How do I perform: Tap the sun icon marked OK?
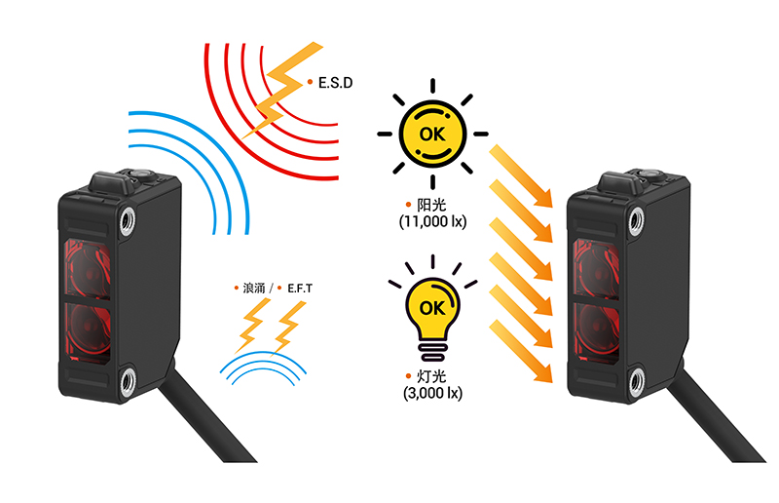point(432,134)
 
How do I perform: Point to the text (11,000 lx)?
point(432,222)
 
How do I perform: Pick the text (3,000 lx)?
point(432,393)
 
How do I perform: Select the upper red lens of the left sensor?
point(85,261)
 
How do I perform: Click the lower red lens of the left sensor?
point(85,328)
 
